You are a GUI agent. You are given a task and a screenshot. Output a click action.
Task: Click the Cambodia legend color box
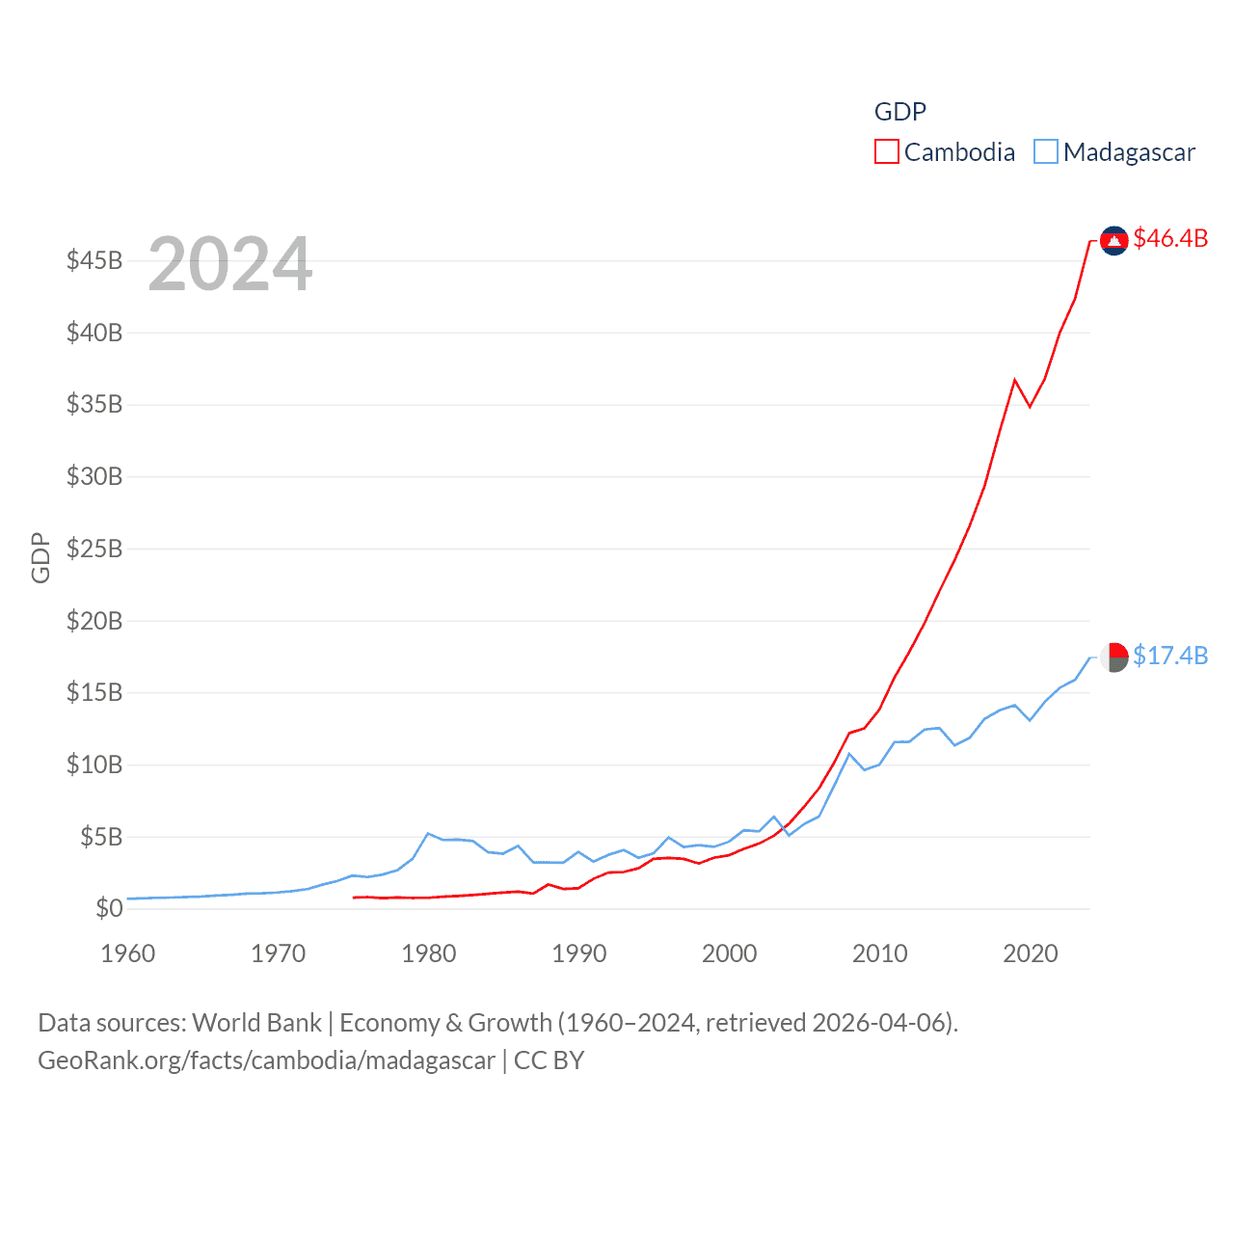coord(886,152)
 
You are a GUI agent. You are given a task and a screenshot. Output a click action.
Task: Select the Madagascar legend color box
coord(1046,152)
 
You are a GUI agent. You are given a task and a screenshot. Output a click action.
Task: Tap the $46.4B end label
coord(1170,238)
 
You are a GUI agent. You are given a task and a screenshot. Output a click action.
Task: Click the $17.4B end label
coord(1170,656)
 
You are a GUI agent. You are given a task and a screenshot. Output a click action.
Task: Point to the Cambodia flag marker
coord(1114,241)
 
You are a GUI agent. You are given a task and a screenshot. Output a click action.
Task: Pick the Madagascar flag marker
coord(1114,657)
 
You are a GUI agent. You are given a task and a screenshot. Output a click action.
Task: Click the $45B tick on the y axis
coord(94,260)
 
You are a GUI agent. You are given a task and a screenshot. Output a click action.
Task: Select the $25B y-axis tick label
coord(94,549)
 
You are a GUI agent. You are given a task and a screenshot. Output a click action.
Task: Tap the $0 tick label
coord(109,908)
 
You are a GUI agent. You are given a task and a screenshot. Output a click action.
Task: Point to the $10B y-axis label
coord(94,765)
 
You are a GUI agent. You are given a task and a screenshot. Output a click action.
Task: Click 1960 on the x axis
coord(128,953)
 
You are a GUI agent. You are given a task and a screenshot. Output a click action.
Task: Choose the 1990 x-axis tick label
coord(579,953)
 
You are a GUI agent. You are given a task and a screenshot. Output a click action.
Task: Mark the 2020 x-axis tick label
coord(1031,953)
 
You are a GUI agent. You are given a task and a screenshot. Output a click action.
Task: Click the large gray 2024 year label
coord(230,264)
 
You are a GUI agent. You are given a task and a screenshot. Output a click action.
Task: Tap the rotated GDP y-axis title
coord(40,557)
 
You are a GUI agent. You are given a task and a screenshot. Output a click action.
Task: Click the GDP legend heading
coord(900,112)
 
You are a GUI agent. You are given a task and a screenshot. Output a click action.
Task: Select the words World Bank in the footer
coord(257,1023)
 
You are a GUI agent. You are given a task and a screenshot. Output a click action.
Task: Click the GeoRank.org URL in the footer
coord(266,1060)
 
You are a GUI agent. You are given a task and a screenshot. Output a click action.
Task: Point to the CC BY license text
coord(550,1060)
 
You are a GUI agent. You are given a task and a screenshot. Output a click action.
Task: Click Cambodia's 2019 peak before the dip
coord(1015,380)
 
